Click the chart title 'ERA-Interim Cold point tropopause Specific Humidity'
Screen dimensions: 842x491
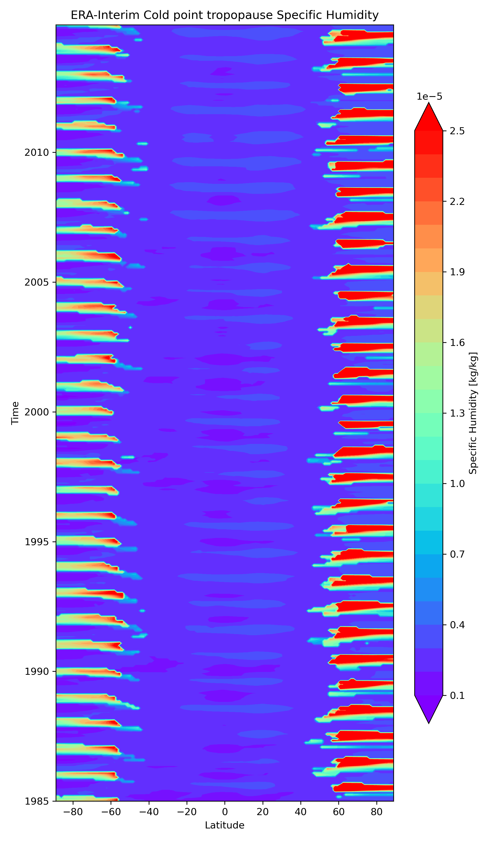click(x=224, y=15)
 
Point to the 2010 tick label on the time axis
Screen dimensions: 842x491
click(x=36, y=153)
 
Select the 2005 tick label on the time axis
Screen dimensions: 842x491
click(x=36, y=282)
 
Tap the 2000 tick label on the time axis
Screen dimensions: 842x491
click(x=36, y=412)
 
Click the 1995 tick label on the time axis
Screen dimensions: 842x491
click(x=36, y=542)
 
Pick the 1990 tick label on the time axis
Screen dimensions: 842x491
click(x=36, y=671)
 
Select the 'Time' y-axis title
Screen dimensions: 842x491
click(x=15, y=413)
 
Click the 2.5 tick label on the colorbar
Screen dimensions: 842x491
click(x=457, y=131)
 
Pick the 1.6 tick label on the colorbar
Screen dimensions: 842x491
click(x=457, y=342)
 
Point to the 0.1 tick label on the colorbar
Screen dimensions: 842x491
click(x=457, y=695)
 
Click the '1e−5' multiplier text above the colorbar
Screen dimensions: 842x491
click(x=429, y=97)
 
